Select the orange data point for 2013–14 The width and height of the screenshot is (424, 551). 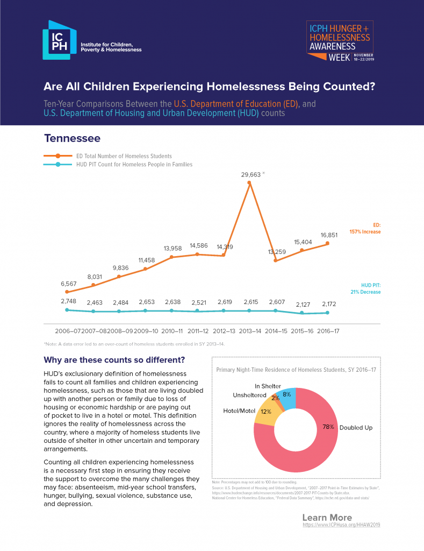pos(249,183)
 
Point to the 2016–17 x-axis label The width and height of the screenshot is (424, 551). pos(328,330)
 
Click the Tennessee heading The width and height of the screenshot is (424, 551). pos(72,138)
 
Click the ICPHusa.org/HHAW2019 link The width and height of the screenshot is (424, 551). pos(341,524)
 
